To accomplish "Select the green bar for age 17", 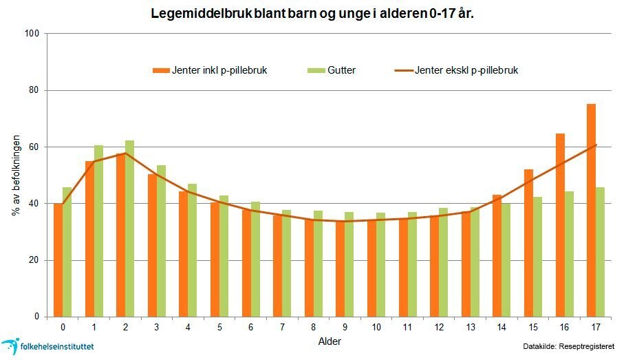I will (601, 252).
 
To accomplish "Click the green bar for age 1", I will (98, 231).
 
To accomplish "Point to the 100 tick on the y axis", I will (32, 34).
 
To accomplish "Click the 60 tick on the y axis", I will (34, 147).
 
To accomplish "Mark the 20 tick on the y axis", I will (34, 260).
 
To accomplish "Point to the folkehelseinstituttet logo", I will (48, 346).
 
